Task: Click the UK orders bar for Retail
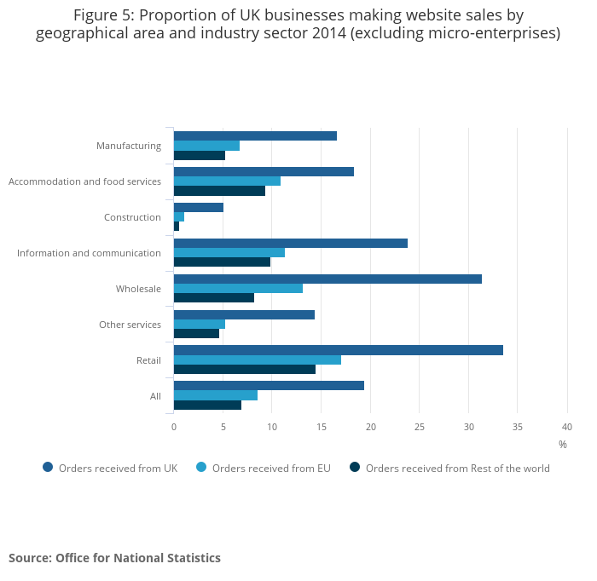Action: [339, 350]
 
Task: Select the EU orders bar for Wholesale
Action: [238, 288]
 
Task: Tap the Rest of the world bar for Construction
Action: [177, 226]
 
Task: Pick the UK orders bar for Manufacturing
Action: [255, 136]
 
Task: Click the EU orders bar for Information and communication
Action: [229, 252]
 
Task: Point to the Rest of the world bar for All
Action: [207, 405]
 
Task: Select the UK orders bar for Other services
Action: [244, 314]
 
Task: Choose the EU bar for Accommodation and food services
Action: [227, 181]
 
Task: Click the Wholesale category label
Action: [138, 289]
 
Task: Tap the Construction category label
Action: [132, 217]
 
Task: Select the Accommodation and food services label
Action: [84, 181]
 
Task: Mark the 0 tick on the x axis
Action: [174, 426]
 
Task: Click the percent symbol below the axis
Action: [563, 444]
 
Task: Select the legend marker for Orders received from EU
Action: [202, 467]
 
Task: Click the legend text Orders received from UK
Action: [118, 468]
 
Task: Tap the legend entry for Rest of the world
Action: [457, 468]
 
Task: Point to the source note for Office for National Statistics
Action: [114, 558]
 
